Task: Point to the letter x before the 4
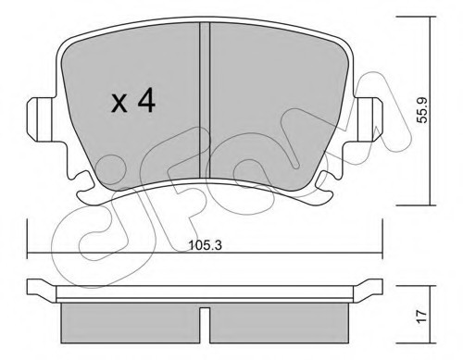click(119, 103)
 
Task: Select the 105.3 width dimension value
click(207, 245)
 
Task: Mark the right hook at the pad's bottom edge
click(327, 191)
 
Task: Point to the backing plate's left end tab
click(39, 287)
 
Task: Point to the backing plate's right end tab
click(372, 287)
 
